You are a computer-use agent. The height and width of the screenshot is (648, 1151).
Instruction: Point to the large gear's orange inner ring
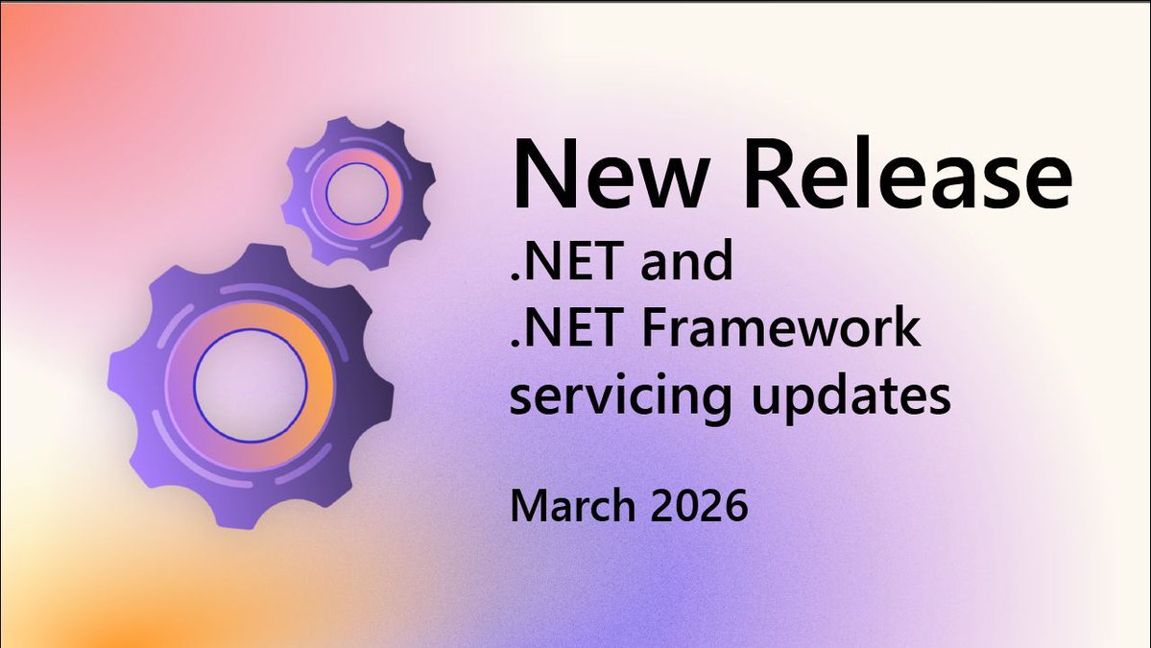coord(317,384)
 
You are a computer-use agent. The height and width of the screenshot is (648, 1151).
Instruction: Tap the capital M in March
coord(527,506)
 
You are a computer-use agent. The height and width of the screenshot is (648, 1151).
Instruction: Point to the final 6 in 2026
coord(735,506)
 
